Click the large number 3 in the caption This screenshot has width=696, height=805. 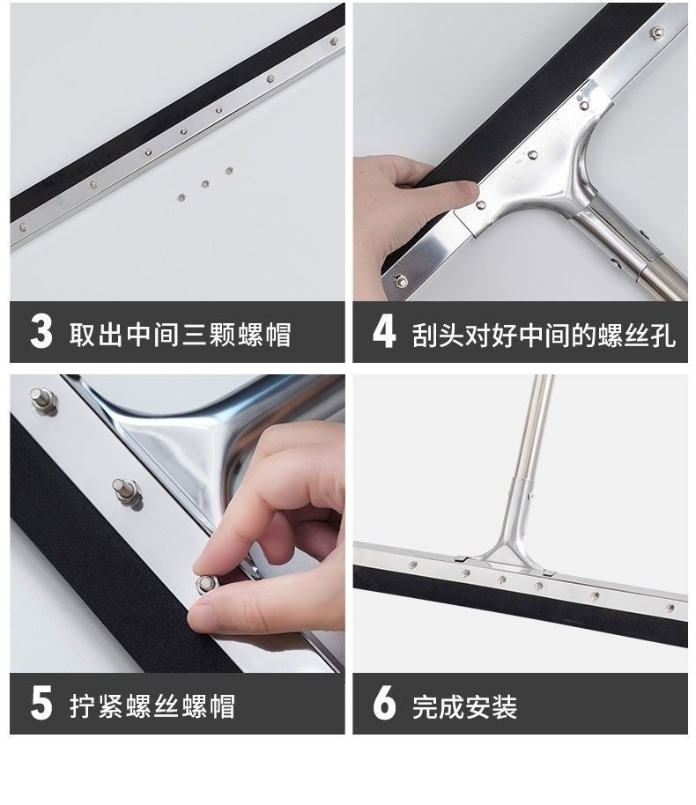tap(41, 331)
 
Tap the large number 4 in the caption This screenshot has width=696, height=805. tap(384, 331)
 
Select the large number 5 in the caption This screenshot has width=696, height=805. tap(41, 703)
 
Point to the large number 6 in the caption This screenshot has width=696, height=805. tap(384, 703)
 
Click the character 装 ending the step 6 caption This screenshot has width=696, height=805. tap(505, 707)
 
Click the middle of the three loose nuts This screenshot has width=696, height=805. tap(205, 184)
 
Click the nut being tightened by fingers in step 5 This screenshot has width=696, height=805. tap(206, 583)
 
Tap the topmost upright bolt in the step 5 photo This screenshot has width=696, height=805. tap(42, 401)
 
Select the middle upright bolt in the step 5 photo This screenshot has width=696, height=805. tap(126, 492)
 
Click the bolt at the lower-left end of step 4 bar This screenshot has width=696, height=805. tap(400, 281)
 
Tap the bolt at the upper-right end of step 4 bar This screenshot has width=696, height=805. tap(656, 33)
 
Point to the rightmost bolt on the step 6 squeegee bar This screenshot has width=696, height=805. tap(670, 609)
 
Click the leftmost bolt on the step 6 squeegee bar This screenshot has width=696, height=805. tap(412, 565)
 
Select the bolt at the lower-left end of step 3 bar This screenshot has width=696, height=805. tap(23, 226)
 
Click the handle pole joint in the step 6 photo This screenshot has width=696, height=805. tap(524, 488)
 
